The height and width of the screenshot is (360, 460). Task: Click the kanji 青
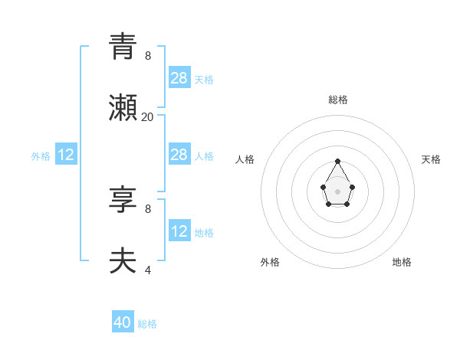tap(123, 46)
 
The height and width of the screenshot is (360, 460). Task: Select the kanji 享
tap(123, 199)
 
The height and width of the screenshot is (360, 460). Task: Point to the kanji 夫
tap(123, 260)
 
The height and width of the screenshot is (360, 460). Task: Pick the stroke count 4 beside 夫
tap(147, 270)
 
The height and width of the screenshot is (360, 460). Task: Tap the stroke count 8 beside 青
tap(147, 56)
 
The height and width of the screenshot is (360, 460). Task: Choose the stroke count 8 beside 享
tap(147, 208)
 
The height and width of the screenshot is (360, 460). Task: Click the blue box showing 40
tap(123, 322)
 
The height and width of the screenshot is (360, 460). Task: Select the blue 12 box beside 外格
tap(66, 155)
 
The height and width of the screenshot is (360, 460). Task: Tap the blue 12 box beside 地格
tap(179, 231)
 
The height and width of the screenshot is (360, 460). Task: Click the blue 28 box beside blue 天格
tap(179, 77)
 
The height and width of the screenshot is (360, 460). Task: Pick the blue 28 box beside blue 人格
tap(179, 155)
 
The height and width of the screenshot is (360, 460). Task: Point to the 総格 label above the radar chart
tap(338, 100)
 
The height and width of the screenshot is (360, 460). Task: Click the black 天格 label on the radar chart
tap(431, 159)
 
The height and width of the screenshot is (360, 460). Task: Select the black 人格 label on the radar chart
tap(245, 159)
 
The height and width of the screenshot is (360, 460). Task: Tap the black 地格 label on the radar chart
tap(402, 262)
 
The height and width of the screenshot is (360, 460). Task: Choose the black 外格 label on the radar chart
tap(270, 262)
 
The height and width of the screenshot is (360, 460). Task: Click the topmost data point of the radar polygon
tap(338, 162)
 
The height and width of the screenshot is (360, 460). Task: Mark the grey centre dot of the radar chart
tap(338, 191)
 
